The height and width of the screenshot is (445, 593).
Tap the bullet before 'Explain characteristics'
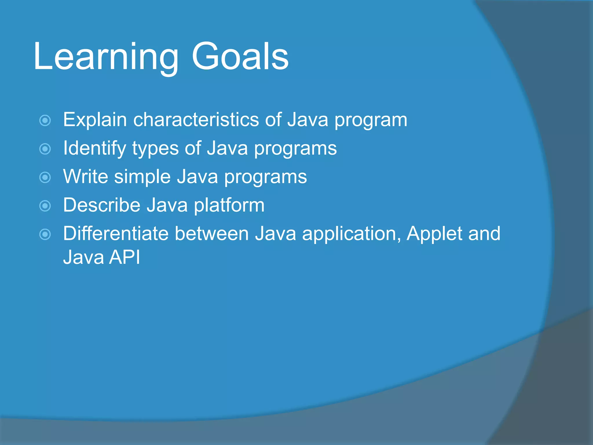[45, 120]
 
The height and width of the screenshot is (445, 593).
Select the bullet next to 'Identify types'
[45, 149]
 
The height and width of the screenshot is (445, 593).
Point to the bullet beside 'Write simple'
[45, 177]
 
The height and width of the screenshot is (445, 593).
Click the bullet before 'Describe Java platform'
[45, 206]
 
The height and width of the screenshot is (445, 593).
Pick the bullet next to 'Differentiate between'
[45, 234]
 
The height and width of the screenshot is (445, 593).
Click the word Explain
[95, 120]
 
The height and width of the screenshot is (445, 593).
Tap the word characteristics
[196, 120]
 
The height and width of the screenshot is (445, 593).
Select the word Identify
[94, 148]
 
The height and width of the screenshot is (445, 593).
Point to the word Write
[85, 176]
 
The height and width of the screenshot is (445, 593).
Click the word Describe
[102, 205]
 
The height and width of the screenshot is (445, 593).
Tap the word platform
[229, 205]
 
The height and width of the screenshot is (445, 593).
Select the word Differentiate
[116, 234]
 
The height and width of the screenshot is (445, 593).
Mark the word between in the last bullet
[212, 234]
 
